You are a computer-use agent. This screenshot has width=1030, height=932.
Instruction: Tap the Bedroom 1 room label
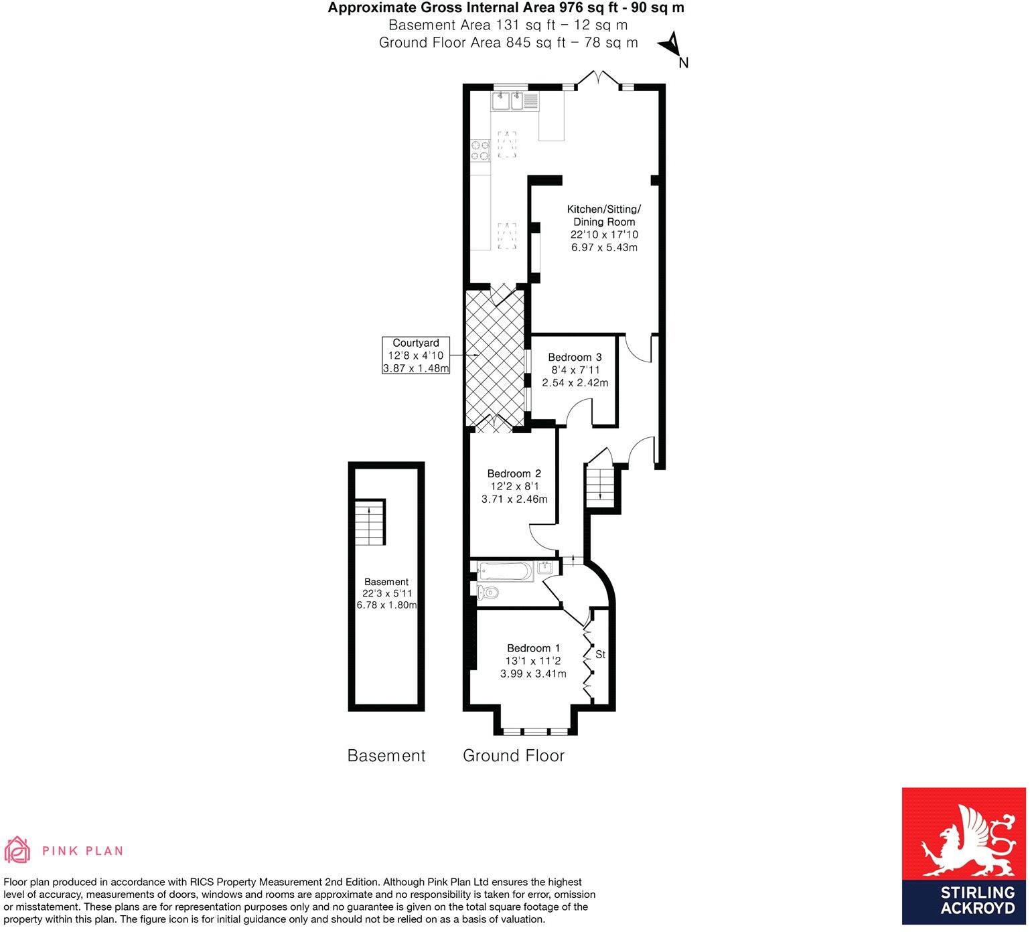click(x=533, y=648)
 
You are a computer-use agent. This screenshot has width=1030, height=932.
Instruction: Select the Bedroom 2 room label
click(x=514, y=473)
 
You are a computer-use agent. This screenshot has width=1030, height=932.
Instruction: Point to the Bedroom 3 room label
click(x=575, y=358)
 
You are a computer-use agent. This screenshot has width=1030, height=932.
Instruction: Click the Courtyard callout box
click(x=415, y=356)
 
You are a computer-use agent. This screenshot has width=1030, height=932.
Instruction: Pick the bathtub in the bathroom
click(x=505, y=571)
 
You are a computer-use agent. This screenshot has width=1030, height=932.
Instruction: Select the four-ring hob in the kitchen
click(x=480, y=150)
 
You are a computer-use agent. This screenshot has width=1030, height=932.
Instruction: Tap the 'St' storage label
click(x=600, y=655)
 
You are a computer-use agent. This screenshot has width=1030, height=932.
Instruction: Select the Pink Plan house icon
click(x=17, y=850)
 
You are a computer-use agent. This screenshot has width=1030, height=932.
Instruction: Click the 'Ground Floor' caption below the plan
click(x=514, y=756)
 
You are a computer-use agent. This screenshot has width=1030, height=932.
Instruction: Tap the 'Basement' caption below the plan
click(x=386, y=756)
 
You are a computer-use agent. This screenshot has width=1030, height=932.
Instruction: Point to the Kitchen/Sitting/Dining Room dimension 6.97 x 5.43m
click(x=603, y=248)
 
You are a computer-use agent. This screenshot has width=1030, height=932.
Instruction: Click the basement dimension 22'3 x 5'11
click(x=386, y=594)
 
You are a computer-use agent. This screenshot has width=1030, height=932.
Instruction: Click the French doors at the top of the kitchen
click(x=598, y=79)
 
